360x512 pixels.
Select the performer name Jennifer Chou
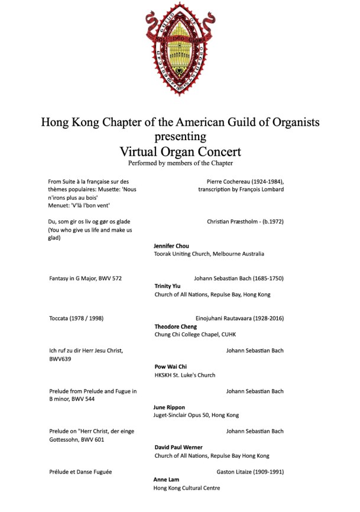pyautogui.click(x=171, y=245)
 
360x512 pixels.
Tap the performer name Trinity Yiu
pyautogui.click(x=167, y=286)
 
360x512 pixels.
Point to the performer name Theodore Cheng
pyautogui.click(x=176, y=326)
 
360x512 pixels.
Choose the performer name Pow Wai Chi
pyautogui.click(x=170, y=367)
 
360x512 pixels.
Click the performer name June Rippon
pyautogui.click(x=169, y=407)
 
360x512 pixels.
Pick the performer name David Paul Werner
pyautogui.click(x=179, y=448)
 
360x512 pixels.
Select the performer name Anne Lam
pyautogui.click(x=166, y=479)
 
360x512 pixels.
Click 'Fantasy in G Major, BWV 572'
pyautogui.click(x=86, y=278)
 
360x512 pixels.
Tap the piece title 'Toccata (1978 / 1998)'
pyautogui.click(x=77, y=318)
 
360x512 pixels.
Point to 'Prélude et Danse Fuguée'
pyautogui.click(x=80, y=472)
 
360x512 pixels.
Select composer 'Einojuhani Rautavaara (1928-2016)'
pyautogui.click(x=239, y=318)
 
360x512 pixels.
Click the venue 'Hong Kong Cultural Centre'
pyautogui.click(x=187, y=488)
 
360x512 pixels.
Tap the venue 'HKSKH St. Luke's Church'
pyautogui.click(x=185, y=375)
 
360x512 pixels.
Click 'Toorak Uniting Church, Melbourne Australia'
pyautogui.click(x=209, y=254)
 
